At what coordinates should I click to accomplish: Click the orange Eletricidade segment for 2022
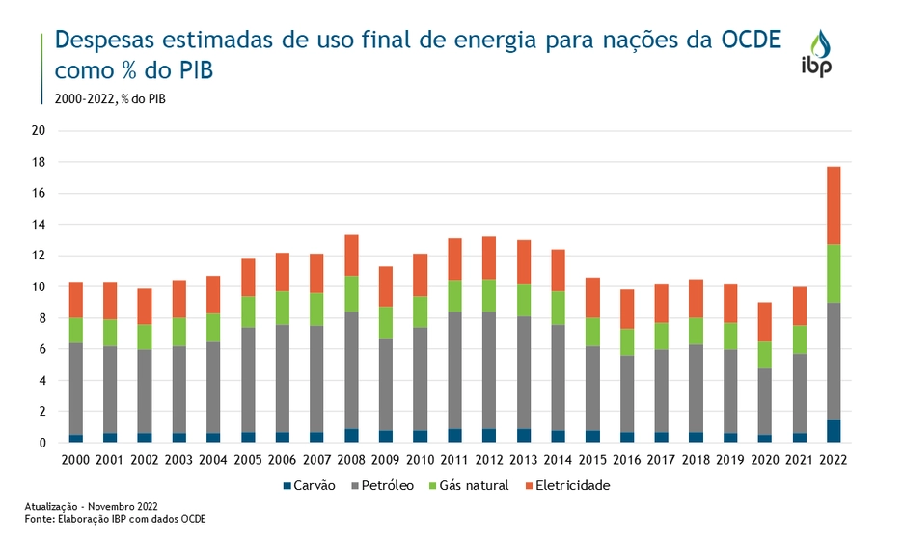click(x=834, y=205)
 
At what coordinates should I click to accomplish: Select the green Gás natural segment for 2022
click(x=834, y=274)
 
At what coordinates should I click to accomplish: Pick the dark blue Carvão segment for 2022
click(x=834, y=431)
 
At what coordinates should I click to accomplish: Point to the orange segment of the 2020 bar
click(x=765, y=322)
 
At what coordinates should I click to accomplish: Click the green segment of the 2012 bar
click(x=490, y=296)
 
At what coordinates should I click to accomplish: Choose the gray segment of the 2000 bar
click(x=76, y=389)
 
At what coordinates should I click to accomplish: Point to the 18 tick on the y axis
click(x=40, y=162)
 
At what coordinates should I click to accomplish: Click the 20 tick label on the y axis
click(x=40, y=131)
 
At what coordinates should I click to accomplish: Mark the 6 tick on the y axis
click(x=42, y=349)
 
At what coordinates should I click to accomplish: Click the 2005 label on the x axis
click(x=249, y=459)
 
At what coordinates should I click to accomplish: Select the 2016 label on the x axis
click(x=627, y=459)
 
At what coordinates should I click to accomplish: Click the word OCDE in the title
click(x=752, y=41)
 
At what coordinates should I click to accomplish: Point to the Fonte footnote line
click(x=116, y=519)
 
